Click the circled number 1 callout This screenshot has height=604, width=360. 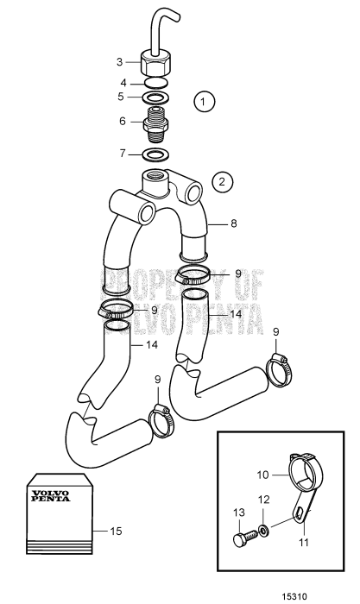pyautogui.click(x=204, y=102)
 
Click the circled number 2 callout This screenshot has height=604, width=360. pyautogui.click(x=222, y=181)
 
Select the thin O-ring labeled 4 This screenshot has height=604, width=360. pyautogui.click(x=155, y=83)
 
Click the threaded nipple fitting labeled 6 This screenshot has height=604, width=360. pyautogui.click(x=155, y=123)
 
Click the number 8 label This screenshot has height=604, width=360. pyautogui.click(x=234, y=223)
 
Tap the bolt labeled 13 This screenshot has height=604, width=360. pyautogui.click(x=245, y=537)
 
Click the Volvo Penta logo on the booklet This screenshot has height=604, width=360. pyautogui.click(x=51, y=496)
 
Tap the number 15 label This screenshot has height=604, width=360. pyautogui.click(x=116, y=532)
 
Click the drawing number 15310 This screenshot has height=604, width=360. pyautogui.click(x=294, y=596)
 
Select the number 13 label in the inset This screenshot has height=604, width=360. pyautogui.click(x=239, y=513)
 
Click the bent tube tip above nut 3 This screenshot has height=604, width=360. pyautogui.click(x=175, y=16)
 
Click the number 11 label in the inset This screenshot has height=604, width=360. pyautogui.click(x=304, y=543)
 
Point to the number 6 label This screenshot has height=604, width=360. pyautogui.click(x=123, y=121)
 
